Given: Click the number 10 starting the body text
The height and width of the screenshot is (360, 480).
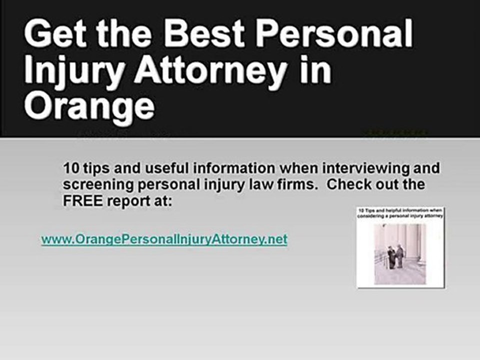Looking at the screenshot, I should [x=69, y=168].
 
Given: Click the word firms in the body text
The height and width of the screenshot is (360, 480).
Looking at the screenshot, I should [x=296, y=184].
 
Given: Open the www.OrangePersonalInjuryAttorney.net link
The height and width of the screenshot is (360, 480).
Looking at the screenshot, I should [x=164, y=239].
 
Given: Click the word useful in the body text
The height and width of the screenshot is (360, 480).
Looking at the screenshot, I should [x=149, y=168].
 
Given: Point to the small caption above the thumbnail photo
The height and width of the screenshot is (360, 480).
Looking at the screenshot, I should [x=401, y=214].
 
